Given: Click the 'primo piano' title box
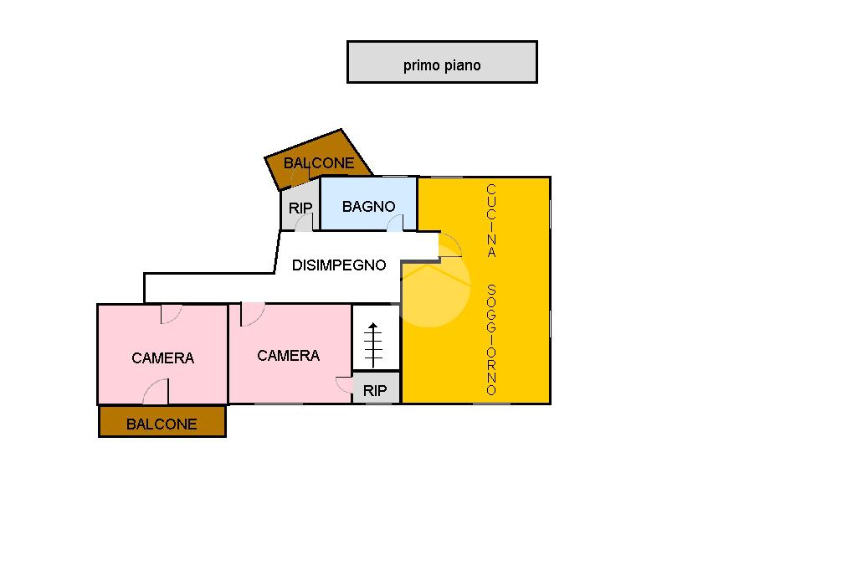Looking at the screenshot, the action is pos(442,62).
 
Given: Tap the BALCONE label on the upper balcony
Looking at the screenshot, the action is pos(319,163).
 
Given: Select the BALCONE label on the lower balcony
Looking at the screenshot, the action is pos(162,424).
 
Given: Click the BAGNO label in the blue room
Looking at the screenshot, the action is pos(368,206).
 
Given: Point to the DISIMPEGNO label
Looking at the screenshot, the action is pos(339,265).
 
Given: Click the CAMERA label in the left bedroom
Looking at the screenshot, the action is pos(162,358).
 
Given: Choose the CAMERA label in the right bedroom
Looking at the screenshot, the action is pos(288,356).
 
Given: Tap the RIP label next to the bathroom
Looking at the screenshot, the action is pos(300,208).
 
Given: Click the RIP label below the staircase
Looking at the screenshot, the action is pos(375,391).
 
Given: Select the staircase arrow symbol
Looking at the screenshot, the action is pos(373,342).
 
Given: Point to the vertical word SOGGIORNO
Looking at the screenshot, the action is pos(492,340).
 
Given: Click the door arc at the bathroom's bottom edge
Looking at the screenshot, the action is pos(394,223).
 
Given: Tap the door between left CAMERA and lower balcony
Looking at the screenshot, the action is pos(156,391).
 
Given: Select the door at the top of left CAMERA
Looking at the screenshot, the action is pos(172,313).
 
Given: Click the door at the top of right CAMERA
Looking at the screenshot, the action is pos(252,313).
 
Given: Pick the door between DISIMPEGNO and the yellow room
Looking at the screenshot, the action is pos(449,245).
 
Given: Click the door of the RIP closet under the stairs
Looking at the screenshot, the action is pos(344,386).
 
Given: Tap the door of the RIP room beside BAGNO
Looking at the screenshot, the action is pos(304,222).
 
